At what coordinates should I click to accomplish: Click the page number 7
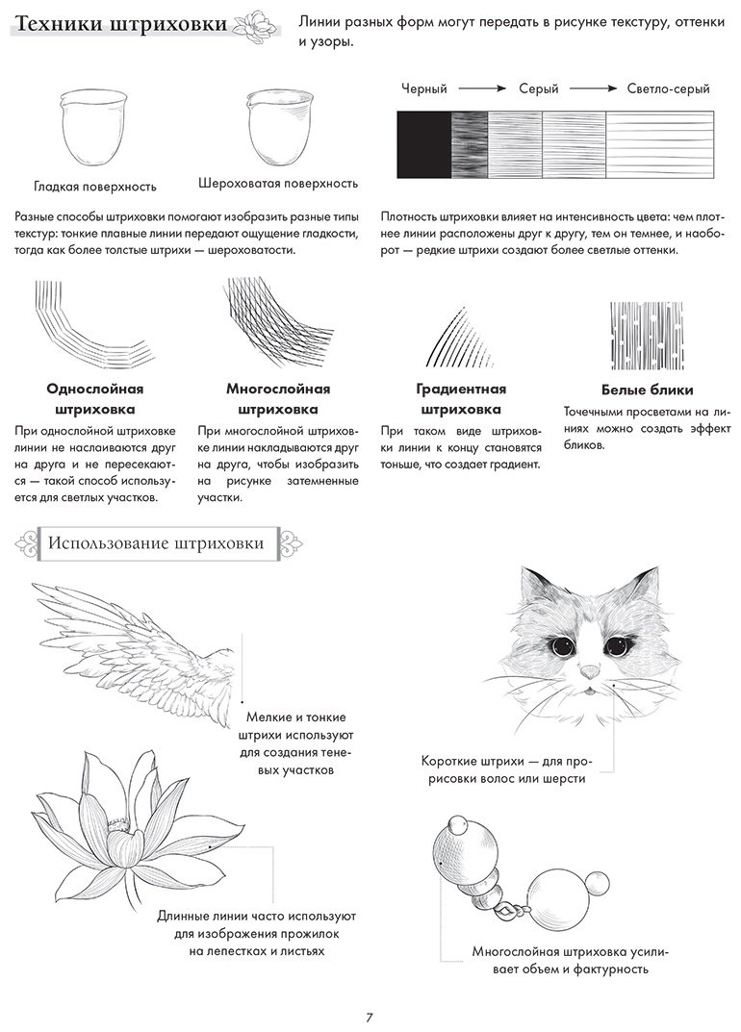click(x=370, y=1017)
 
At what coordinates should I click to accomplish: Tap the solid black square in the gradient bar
click(x=423, y=145)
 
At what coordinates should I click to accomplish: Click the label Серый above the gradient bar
click(x=538, y=88)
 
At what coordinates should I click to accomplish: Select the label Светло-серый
click(x=668, y=88)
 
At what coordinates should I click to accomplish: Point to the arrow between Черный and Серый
click(x=482, y=88)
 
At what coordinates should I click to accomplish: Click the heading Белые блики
click(x=647, y=390)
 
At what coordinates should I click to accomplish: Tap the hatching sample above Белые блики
click(x=647, y=337)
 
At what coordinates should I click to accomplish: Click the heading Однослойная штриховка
click(x=95, y=399)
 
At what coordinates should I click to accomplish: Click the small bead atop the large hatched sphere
click(x=457, y=825)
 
